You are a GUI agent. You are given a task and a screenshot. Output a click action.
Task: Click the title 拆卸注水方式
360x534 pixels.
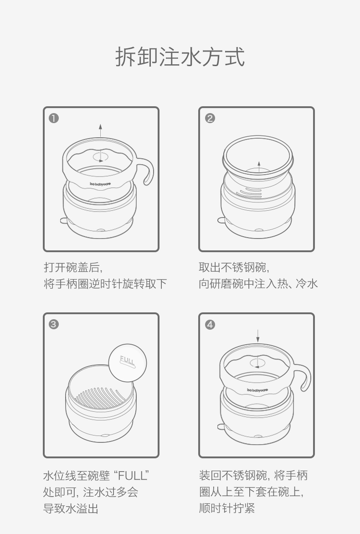click(180, 57)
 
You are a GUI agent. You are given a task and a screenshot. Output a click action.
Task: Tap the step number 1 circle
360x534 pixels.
click(54, 118)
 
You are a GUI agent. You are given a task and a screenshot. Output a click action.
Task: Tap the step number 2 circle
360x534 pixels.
click(210, 118)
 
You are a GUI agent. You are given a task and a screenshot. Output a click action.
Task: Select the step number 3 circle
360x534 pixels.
click(54, 324)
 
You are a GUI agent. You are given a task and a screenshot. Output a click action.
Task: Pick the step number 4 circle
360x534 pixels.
click(210, 325)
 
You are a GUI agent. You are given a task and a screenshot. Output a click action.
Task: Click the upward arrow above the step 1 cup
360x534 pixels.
click(100, 130)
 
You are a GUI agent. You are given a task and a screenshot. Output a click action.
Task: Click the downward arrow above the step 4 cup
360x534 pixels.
click(257, 336)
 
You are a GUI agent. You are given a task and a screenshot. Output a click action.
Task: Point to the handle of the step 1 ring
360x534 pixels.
click(147, 171)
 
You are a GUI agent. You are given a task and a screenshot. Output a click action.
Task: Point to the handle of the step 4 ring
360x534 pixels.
click(304, 377)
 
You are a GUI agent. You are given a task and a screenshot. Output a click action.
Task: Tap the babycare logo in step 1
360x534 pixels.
click(100, 184)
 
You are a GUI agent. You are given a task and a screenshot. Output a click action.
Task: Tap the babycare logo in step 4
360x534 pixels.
click(257, 390)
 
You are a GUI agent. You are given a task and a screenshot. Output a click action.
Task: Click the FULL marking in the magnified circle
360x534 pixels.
click(128, 361)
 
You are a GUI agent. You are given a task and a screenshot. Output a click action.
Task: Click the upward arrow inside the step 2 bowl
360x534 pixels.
click(259, 166)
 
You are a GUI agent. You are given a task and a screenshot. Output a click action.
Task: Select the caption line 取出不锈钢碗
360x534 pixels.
click(234, 267)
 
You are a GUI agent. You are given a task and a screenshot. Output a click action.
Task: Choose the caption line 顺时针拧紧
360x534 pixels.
click(227, 508)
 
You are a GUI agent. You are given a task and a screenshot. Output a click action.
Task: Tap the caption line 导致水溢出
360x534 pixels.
click(71, 508)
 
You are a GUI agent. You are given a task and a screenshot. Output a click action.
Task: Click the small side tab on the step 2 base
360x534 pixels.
click(221, 220)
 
